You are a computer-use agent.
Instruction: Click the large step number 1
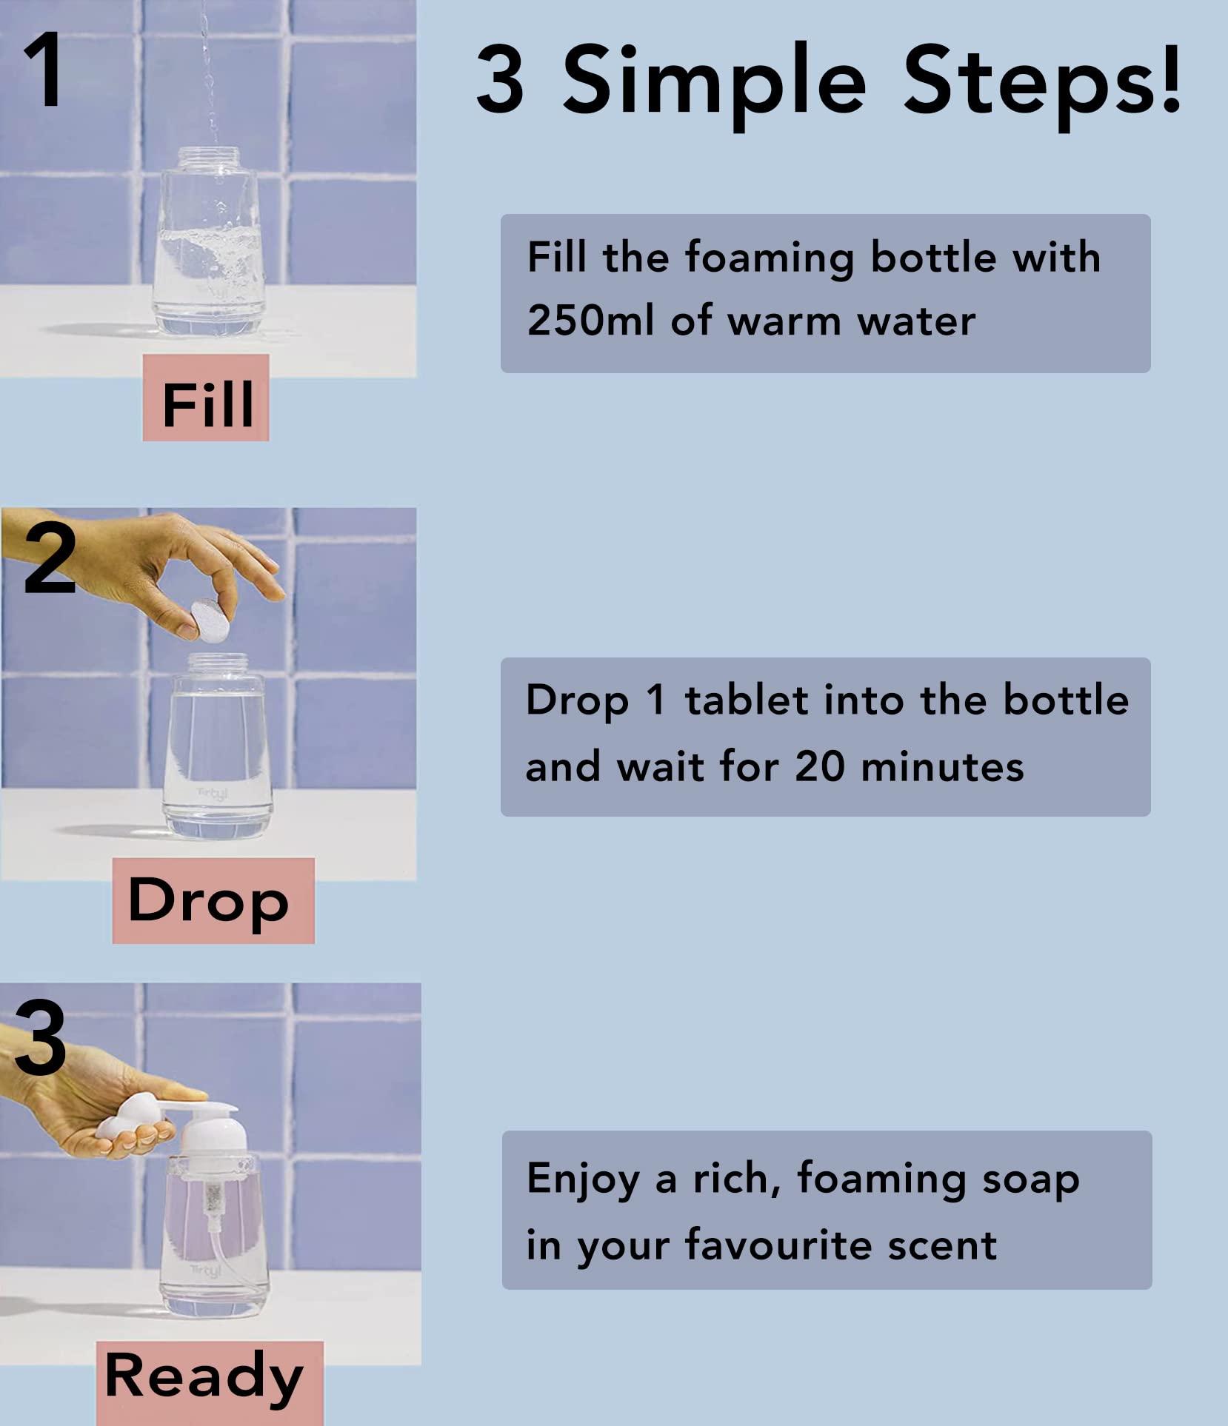coord(43,69)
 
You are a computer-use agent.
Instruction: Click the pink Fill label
coord(206,398)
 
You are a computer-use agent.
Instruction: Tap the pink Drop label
coord(213,900)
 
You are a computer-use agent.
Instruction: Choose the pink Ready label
coord(210,1382)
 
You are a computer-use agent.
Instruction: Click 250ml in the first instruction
coord(590,321)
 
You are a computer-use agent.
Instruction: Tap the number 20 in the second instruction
coord(820,766)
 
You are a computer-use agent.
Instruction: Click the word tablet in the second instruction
coord(747,700)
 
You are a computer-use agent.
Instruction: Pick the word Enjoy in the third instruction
coord(584,1179)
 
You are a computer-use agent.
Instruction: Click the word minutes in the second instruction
coord(943,766)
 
